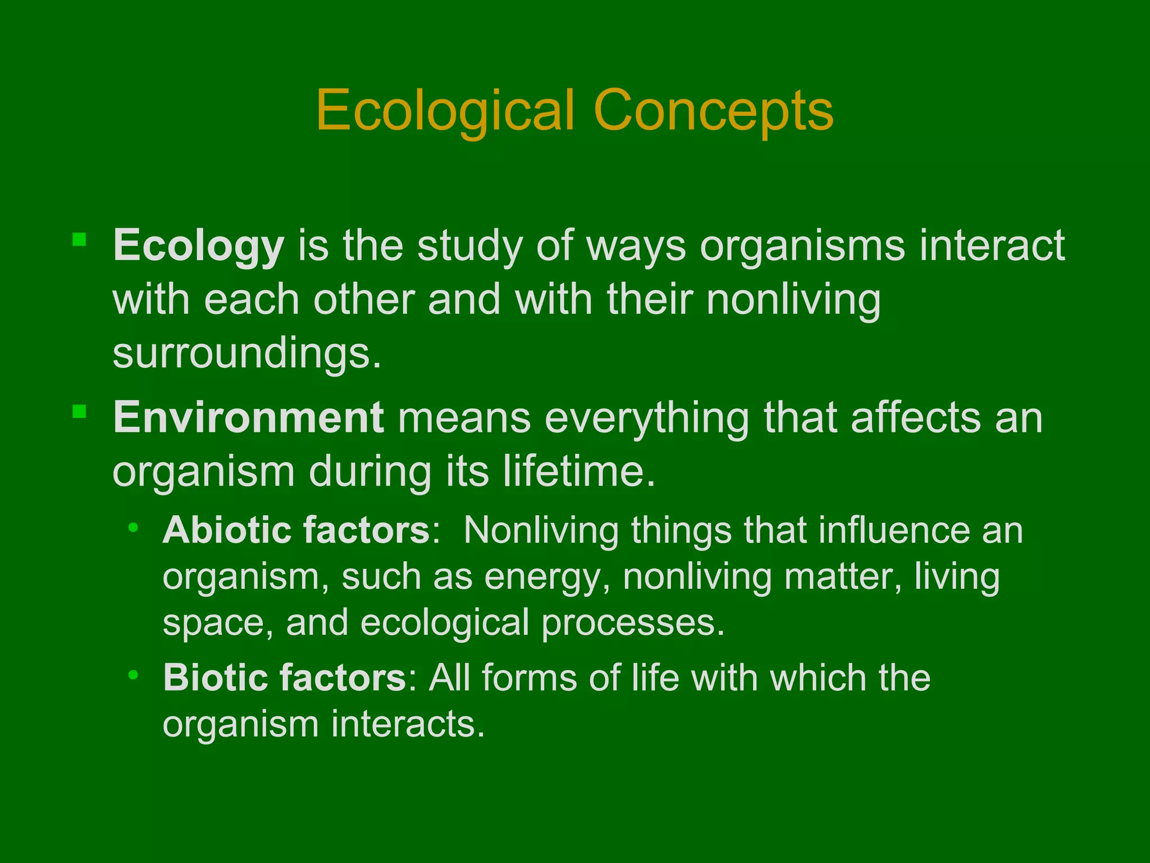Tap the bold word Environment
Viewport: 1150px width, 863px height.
click(249, 418)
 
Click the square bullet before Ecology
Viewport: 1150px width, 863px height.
click(79, 240)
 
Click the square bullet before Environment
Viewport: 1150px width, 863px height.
click(79, 412)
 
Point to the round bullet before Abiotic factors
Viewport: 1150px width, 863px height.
click(133, 527)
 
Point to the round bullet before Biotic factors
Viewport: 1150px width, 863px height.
click(133, 674)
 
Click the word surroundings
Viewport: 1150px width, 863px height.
click(247, 354)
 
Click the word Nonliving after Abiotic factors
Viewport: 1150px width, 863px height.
click(541, 530)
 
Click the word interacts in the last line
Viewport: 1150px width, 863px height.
click(408, 724)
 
